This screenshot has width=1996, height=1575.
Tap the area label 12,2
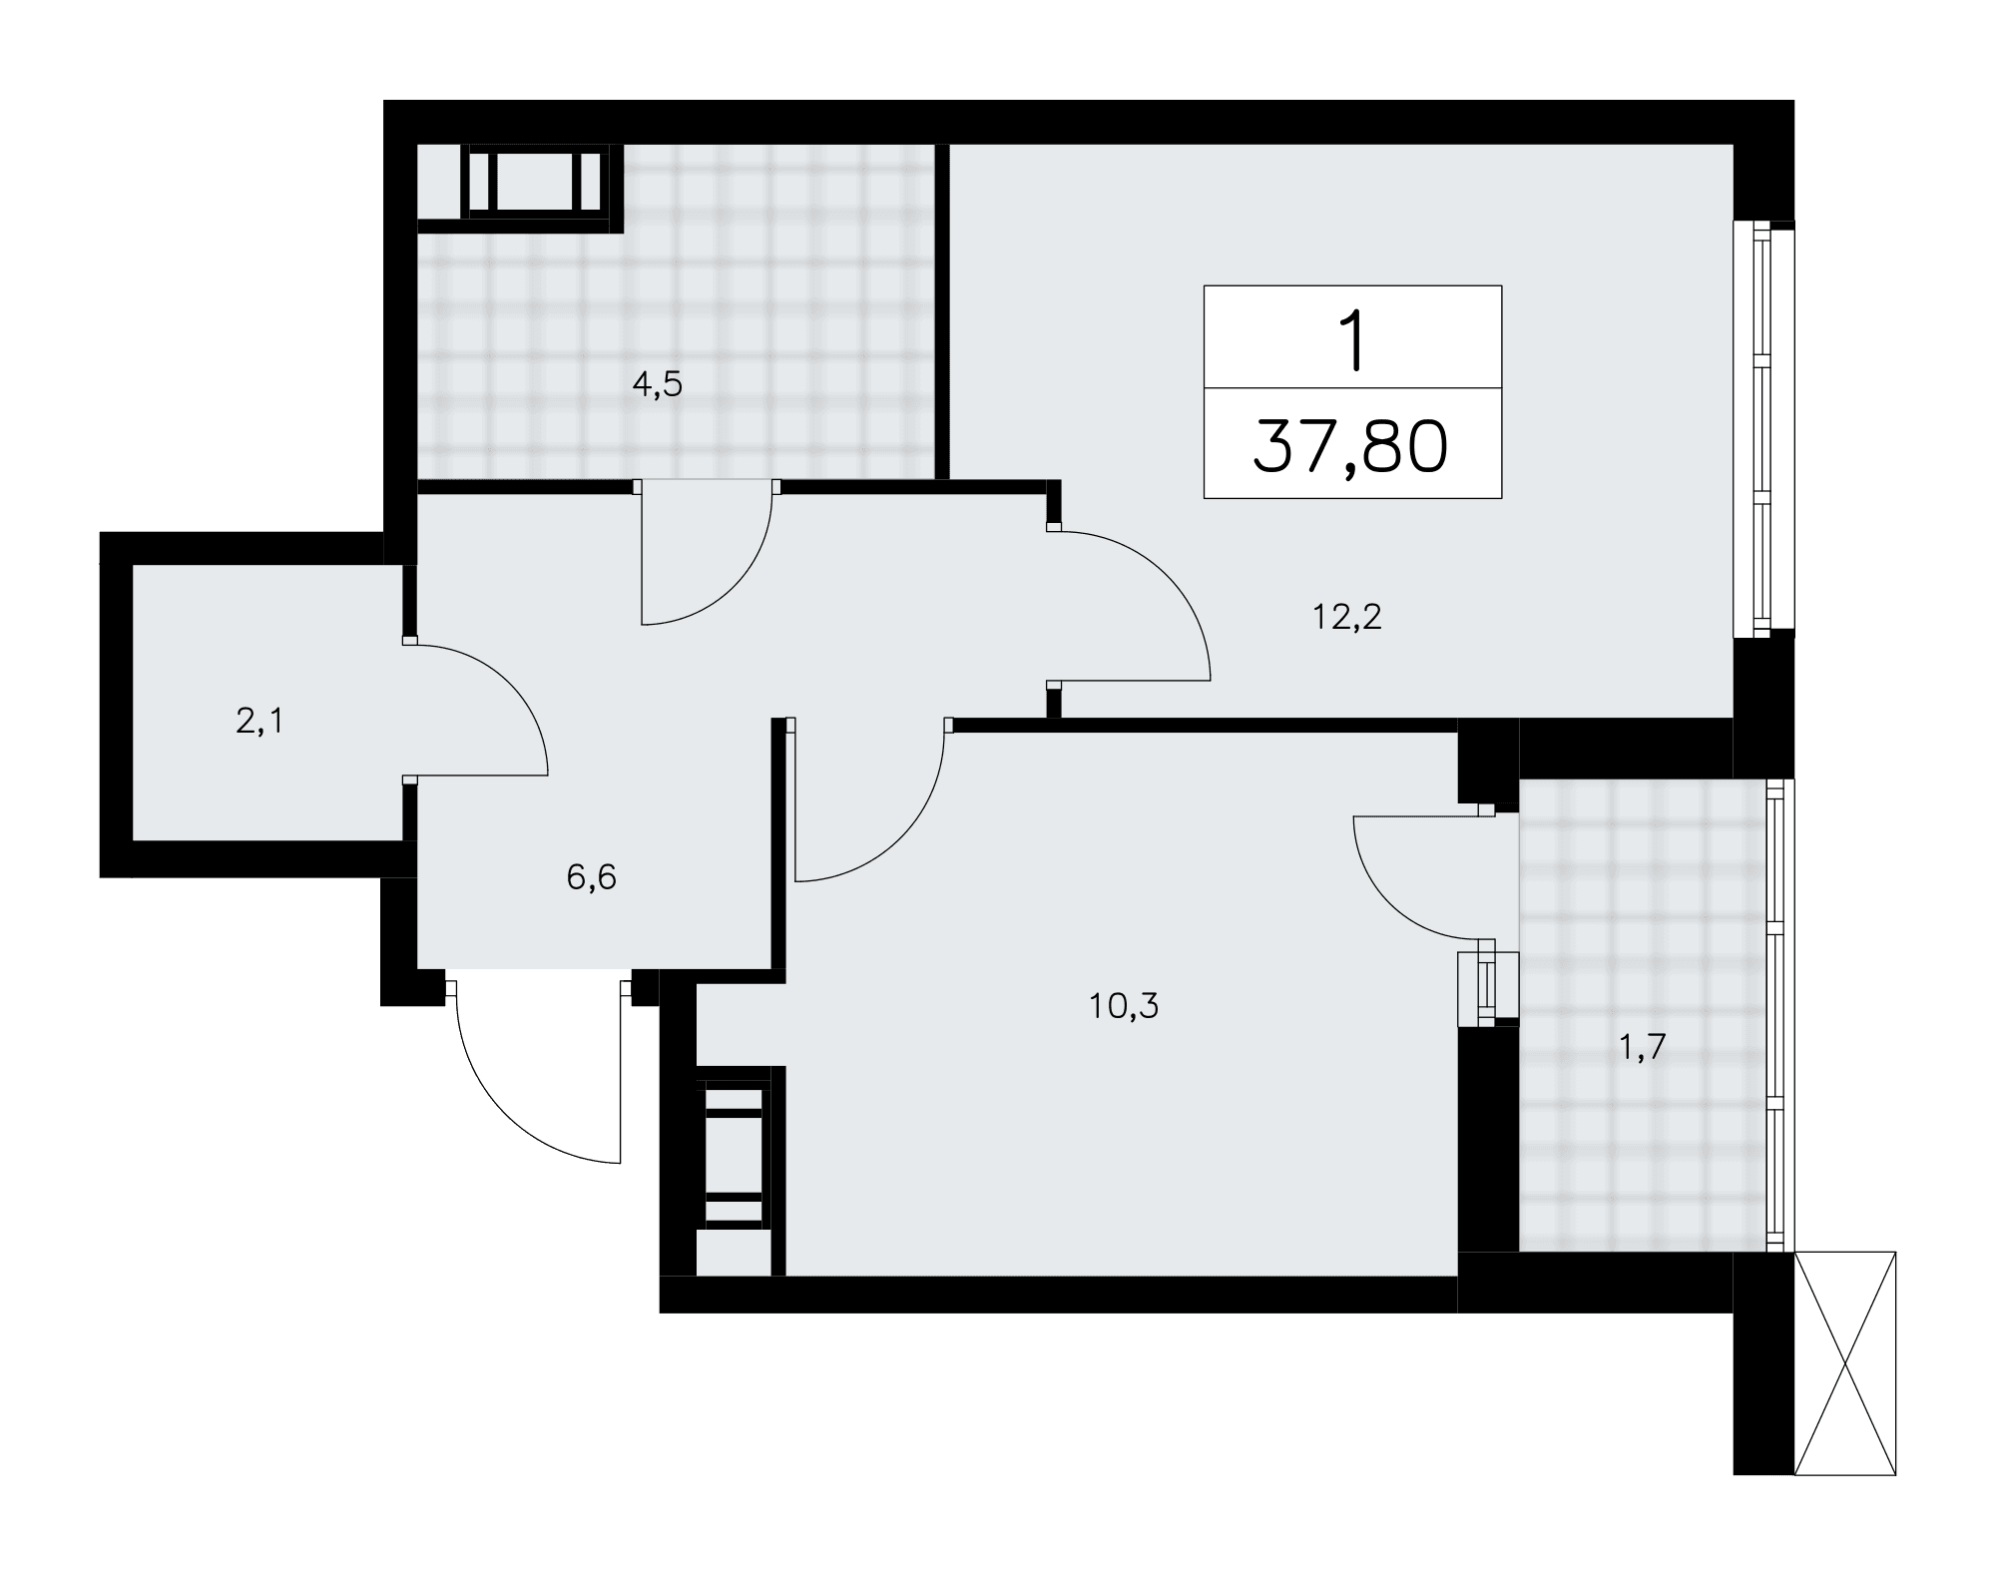(x=1347, y=618)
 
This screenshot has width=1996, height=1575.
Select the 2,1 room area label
(x=259, y=721)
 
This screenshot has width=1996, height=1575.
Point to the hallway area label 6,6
(x=592, y=877)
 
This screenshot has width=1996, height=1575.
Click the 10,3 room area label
(x=1124, y=1006)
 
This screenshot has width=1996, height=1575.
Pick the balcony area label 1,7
(x=1643, y=1049)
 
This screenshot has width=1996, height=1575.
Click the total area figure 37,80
(x=1351, y=446)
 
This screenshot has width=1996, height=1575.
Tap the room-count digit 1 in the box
(x=1353, y=341)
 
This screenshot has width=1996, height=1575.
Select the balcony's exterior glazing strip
(x=1774, y=1014)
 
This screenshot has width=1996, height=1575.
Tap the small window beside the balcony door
(x=1487, y=988)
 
